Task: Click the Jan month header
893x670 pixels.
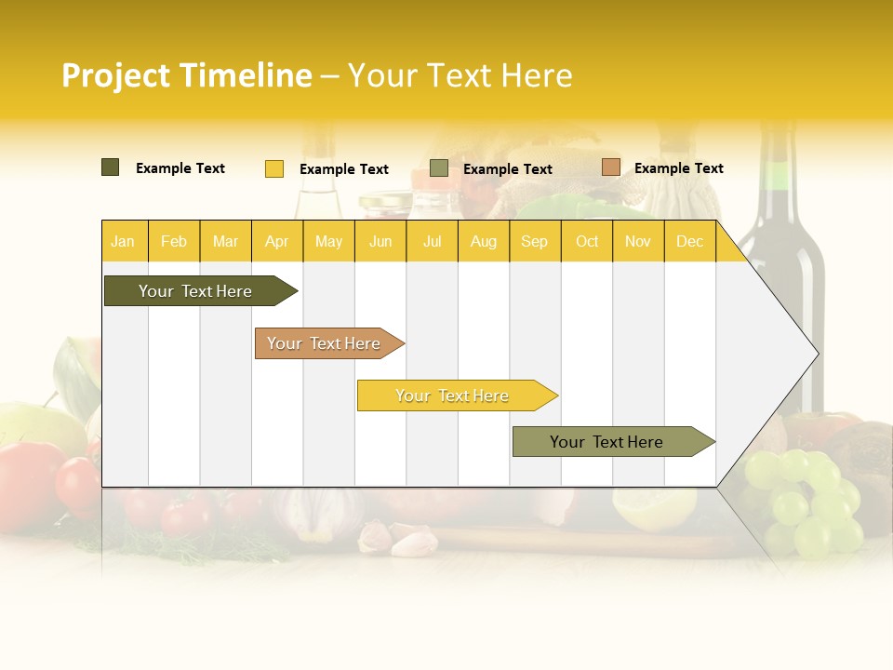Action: click(x=123, y=241)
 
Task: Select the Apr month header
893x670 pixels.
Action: click(x=276, y=241)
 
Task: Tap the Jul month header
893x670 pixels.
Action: click(x=432, y=241)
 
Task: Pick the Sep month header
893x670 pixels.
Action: click(x=534, y=241)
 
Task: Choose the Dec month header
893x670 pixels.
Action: click(x=689, y=241)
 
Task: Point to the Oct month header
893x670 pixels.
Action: click(x=586, y=241)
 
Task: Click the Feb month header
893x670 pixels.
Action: click(x=174, y=241)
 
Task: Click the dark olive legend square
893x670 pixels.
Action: click(x=111, y=167)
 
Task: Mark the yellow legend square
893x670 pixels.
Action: click(x=274, y=168)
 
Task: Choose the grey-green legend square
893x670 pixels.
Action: click(x=439, y=168)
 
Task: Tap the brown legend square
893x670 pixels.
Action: click(x=610, y=167)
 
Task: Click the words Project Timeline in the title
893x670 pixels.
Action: click(x=187, y=75)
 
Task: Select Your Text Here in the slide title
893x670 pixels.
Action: click(x=460, y=75)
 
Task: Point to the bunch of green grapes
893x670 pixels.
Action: click(x=806, y=502)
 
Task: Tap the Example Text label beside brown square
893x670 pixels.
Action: click(x=678, y=168)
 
